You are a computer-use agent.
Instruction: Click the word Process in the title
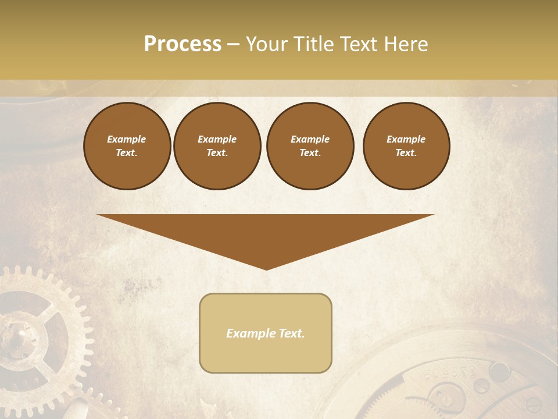tap(183, 44)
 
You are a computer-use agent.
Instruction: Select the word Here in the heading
tap(406, 44)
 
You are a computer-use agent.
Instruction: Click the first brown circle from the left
tap(127, 146)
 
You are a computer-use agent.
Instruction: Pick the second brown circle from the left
tap(217, 146)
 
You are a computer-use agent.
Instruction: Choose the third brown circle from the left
tap(310, 146)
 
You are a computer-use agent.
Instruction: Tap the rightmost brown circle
tap(406, 146)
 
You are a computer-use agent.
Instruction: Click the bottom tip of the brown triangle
tap(266, 268)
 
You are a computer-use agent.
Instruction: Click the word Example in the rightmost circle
tap(406, 139)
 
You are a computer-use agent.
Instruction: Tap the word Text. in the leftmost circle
tap(127, 153)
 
